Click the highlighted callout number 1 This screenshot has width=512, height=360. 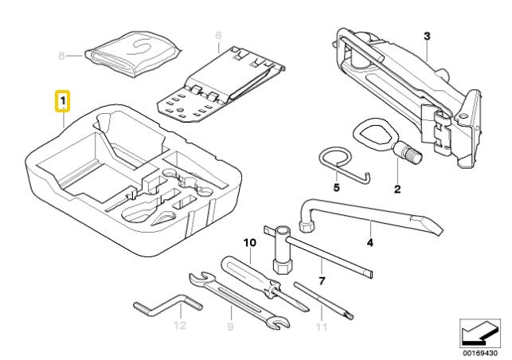pyautogui.click(x=62, y=101)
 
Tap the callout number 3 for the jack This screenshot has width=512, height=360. pyautogui.click(x=427, y=37)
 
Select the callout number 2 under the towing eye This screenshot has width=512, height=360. pyautogui.click(x=397, y=189)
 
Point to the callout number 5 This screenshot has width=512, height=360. pyautogui.click(x=336, y=187)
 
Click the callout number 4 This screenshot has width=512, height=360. pyautogui.click(x=369, y=243)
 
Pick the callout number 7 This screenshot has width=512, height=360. pyautogui.click(x=322, y=281)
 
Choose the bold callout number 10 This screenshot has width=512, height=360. pyautogui.click(x=250, y=243)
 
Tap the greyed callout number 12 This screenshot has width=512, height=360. pyautogui.click(x=180, y=326)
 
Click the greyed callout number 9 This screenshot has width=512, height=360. pyautogui.click(x=230, y=327)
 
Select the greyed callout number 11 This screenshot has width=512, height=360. pyautogui.click(x=322, y=327)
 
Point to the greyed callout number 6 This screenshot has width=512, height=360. pyautogui.click(x=218, y=35)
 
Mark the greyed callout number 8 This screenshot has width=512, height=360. pyautogui.click(x=61, y=56)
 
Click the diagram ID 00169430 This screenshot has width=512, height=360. pyautogui.click(x=479, y=353)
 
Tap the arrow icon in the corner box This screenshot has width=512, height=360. pyautogui.click(x=479, y=333)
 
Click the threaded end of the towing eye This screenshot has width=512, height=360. pyautogui.click(x=412, y=154)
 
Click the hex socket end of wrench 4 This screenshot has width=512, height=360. pyautogui.click(x=307, y=225)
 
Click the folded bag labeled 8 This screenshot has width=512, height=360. pyautogui.click(x=133, y=54)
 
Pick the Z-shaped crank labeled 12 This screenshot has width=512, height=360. pyautogui.click(x=168, y=306)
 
